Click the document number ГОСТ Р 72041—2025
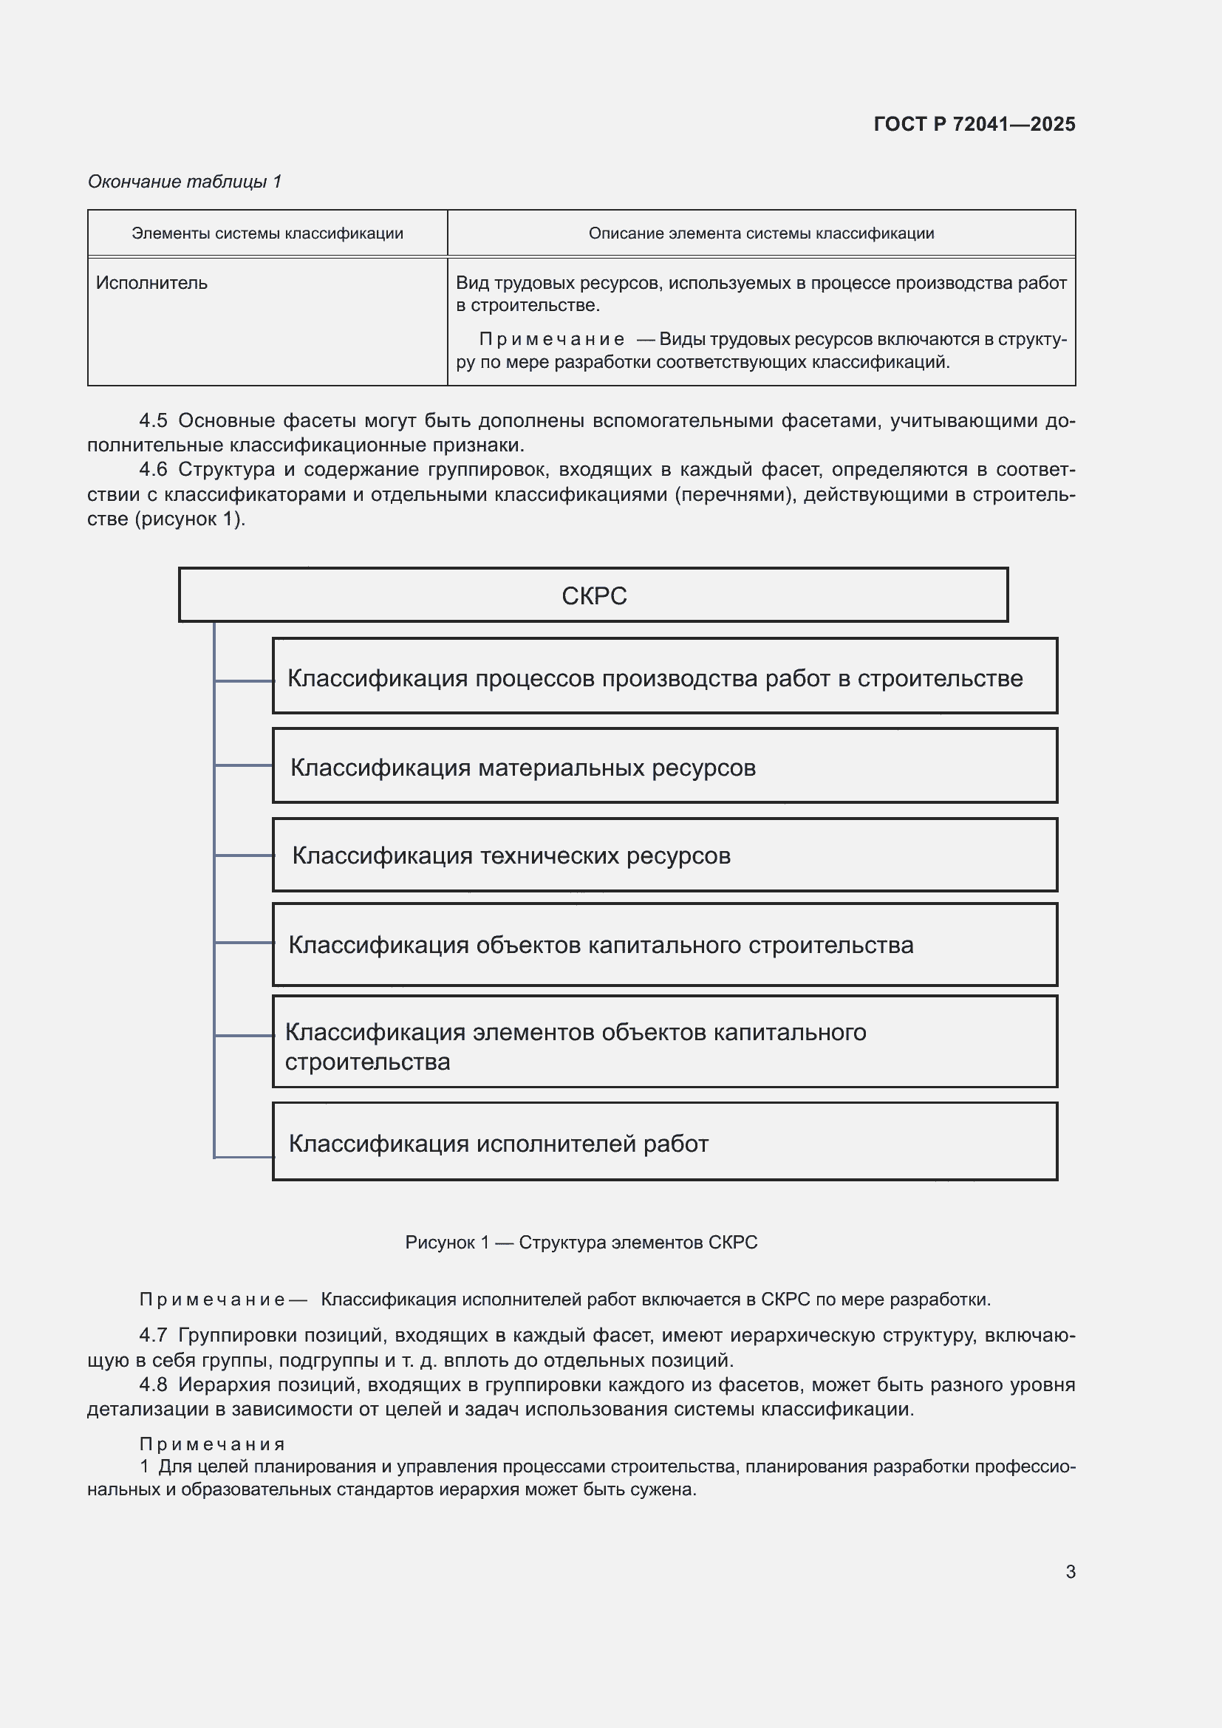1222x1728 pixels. tap(974, 124)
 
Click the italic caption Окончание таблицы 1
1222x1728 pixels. tap(185, 182)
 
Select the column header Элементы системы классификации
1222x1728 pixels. tap(267, 233)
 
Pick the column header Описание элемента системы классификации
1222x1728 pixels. tap(761, 233)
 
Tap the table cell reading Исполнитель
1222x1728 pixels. tap(151, 283)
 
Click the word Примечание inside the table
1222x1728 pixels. tap(551, 339)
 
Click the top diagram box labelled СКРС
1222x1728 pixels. tap(593, 595)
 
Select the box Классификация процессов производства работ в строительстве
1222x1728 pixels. tap(663, 676)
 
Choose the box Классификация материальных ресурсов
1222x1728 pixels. tap(663, 765)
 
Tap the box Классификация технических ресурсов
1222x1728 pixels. tap(663, 855)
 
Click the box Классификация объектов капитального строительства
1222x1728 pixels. tap(663, 945)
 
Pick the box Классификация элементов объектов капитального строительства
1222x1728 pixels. tap(663, 1042)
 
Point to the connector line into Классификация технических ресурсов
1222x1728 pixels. tap(244, 855)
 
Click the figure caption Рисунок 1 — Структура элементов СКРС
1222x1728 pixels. tap(581, 1243)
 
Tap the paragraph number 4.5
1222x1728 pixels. tap(153, 420)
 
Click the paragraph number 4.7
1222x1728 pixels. tap(153, 1335)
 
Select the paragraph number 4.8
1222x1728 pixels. tap(153, 1384)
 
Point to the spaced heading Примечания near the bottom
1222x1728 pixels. tap(212, 1444)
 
